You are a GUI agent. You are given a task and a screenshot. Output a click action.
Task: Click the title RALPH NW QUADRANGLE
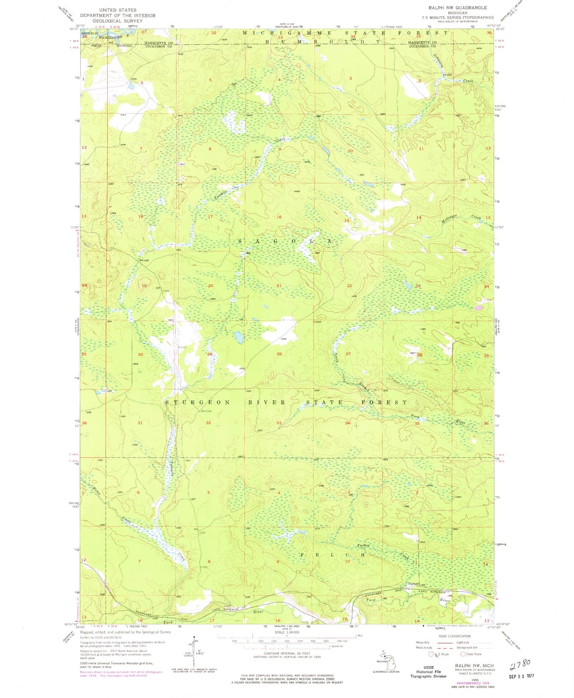tap(457, 8)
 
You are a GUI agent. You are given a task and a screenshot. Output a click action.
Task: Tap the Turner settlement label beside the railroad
tap(414, 584)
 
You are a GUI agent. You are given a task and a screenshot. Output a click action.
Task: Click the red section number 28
tap(279, 354)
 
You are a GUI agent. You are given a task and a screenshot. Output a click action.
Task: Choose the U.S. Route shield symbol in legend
tap(432, 654)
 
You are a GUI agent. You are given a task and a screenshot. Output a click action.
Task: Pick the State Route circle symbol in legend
tap(463, 654)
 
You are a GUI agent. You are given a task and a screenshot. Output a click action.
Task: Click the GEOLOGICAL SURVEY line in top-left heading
tap(118, 21)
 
